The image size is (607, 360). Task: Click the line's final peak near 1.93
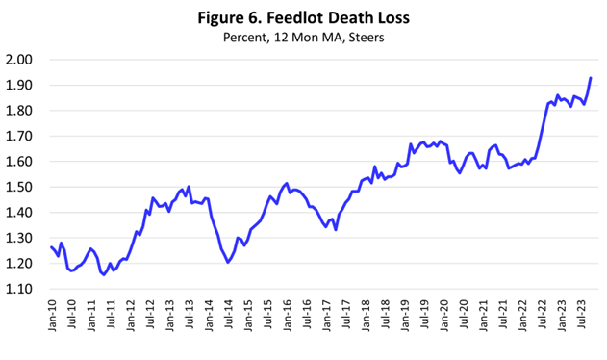pos(590,78)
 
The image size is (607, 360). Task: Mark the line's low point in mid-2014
pos(228,262)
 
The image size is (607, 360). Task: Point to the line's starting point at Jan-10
pos(51,247)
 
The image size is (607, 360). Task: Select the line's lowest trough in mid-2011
pos(104,274)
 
